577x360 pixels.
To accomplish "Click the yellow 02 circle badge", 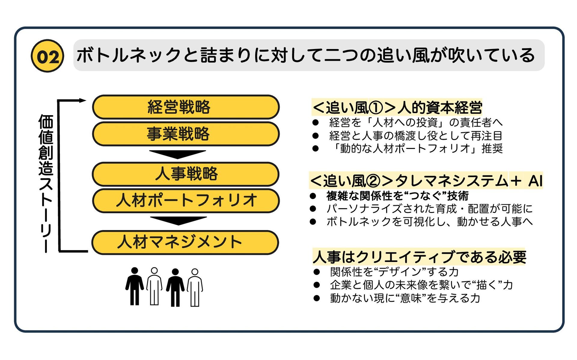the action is pyautogui.click(x=47, y=56).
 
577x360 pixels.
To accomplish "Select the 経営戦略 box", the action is pyautogui.click(x=185, y=107).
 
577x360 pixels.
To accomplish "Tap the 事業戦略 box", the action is pyautogui.click(x=185, y=134).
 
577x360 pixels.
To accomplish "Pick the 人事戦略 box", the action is pyautogui.click(x=185, y=174).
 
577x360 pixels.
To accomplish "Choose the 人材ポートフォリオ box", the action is pyautogui.click(x=185, y=200).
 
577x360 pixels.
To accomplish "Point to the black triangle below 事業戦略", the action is pyautogui.click(x=178, y=154).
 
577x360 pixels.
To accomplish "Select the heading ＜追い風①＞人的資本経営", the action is pyautogui.click(x=397, y=107).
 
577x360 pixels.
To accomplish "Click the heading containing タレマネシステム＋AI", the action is pyautogui.click(x=426, y=181).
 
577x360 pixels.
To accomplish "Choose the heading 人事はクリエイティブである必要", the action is pyautogui.click(x=419, y=257).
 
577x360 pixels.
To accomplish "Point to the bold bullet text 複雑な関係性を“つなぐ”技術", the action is pyautogui.click(x=397, y=196).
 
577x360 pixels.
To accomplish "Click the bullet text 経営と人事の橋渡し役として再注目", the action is pyautogui.click(x=416, y=136).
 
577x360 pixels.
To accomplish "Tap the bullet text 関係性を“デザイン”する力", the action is pyautogui.click(x=394, y=272).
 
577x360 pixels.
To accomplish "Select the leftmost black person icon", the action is pyautogui.click(x=134, y=286).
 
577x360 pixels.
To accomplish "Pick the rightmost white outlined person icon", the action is pyautogui.click(x=195, y=287).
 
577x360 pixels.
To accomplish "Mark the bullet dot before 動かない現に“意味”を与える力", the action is pyautogui.click(x=316, y=298).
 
